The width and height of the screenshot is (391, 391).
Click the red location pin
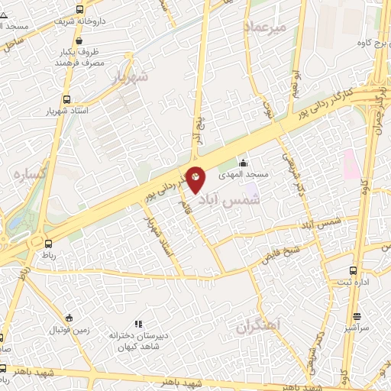(195, 178)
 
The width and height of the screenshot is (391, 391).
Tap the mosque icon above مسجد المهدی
(243, 162)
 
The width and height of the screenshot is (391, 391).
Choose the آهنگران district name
(259, 328)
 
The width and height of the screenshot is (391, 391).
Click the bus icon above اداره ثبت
(352, 271)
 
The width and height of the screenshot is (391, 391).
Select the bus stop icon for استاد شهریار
(67, 99)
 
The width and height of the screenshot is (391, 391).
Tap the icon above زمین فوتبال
(69, 318)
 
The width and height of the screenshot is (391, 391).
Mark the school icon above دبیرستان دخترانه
(138, 324)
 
